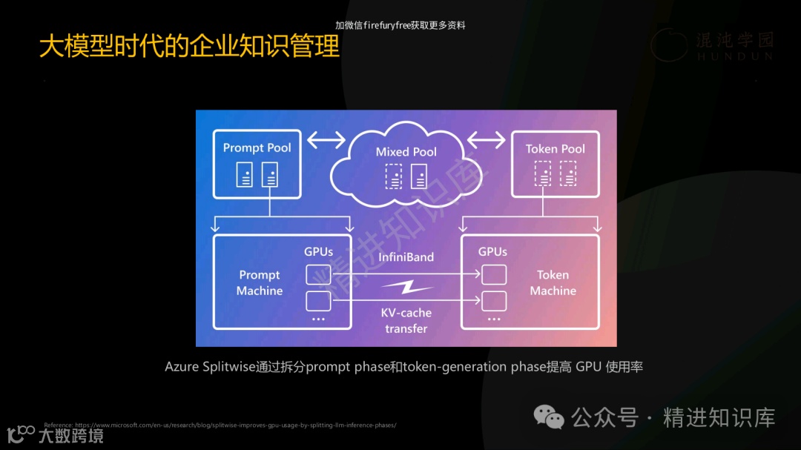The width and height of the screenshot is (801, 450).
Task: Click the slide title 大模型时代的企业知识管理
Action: point(189,46)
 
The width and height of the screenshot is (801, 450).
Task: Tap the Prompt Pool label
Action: point(257,148)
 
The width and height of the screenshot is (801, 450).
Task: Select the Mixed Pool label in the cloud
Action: point(406,152)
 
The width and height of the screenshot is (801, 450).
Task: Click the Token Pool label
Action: point(555,149)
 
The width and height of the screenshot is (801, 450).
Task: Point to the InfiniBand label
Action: point(406,257)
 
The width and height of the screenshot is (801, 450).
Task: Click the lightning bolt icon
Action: point(406,286)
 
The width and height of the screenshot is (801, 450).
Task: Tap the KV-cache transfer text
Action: point(406,320)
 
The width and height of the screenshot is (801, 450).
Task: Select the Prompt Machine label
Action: point(259,282)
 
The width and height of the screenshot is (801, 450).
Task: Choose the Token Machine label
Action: point(553,282)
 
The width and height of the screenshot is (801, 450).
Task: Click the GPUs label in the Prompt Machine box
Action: point(318,252)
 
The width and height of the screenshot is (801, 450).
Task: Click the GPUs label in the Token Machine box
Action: point(492,252)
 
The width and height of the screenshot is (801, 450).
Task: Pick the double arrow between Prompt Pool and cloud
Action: point(326,139)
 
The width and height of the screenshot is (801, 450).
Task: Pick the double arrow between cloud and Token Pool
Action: point(486,139)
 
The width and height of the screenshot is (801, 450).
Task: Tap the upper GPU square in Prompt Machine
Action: point(318,275)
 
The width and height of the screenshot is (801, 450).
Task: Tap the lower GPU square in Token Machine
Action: point(494,301)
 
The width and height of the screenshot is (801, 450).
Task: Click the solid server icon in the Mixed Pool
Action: point(419,176)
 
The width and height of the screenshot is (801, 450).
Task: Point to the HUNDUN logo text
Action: point(734,56)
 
